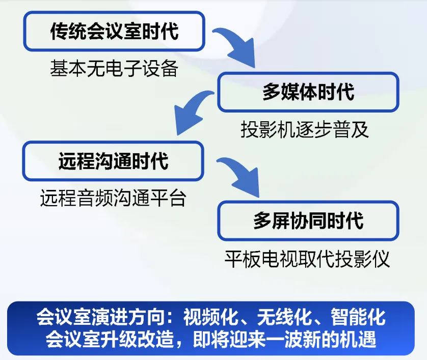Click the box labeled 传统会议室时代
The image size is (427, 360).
114,31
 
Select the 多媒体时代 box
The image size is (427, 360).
308,92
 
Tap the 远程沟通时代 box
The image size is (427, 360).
113,161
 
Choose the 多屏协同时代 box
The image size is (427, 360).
308,220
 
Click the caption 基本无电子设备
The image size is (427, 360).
114,68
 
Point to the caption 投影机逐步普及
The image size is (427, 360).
305,129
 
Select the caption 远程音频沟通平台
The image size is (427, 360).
113,198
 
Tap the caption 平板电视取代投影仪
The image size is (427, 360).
307,259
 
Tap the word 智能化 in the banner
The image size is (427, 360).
358,317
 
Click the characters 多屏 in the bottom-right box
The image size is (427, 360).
272,220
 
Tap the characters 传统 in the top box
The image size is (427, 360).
68,31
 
